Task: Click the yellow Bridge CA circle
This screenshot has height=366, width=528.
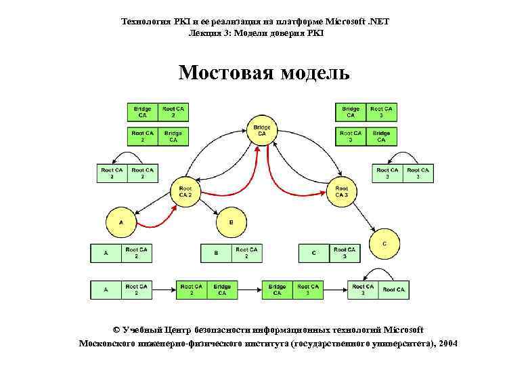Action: [x=262, y=130]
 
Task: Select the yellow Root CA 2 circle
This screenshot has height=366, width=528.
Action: [x=185, y=192]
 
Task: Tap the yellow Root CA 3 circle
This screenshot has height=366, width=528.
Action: [x=341, y=192]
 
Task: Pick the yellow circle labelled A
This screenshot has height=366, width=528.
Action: [x=121, y=222]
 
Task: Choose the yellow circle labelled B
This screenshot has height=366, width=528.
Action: [x=232, y=222]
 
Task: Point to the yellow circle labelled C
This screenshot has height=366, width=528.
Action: [x=384, y=242]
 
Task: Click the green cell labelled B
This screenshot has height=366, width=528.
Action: [x=216, y=253]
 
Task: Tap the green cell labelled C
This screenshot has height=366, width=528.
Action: [x=314, y=253]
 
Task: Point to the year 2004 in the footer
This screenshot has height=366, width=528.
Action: [x=448, y=344]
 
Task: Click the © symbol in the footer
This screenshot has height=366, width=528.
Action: [x=116, y=330]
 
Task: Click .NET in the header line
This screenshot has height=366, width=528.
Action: [x=379, y=22]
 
